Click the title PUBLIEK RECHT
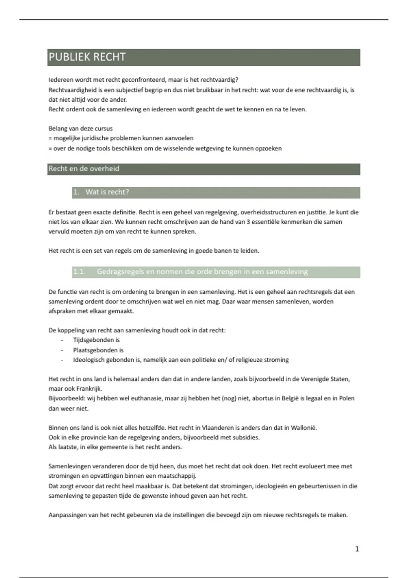[87, 57]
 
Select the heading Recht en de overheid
[84, 169]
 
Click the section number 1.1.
[79, 272]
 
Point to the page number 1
[357, 549]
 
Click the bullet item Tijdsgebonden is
[96, 340]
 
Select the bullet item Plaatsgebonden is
[98, 350]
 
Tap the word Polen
[346, 398]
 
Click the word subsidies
[246, 437]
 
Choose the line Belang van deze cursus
[80, 129]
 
